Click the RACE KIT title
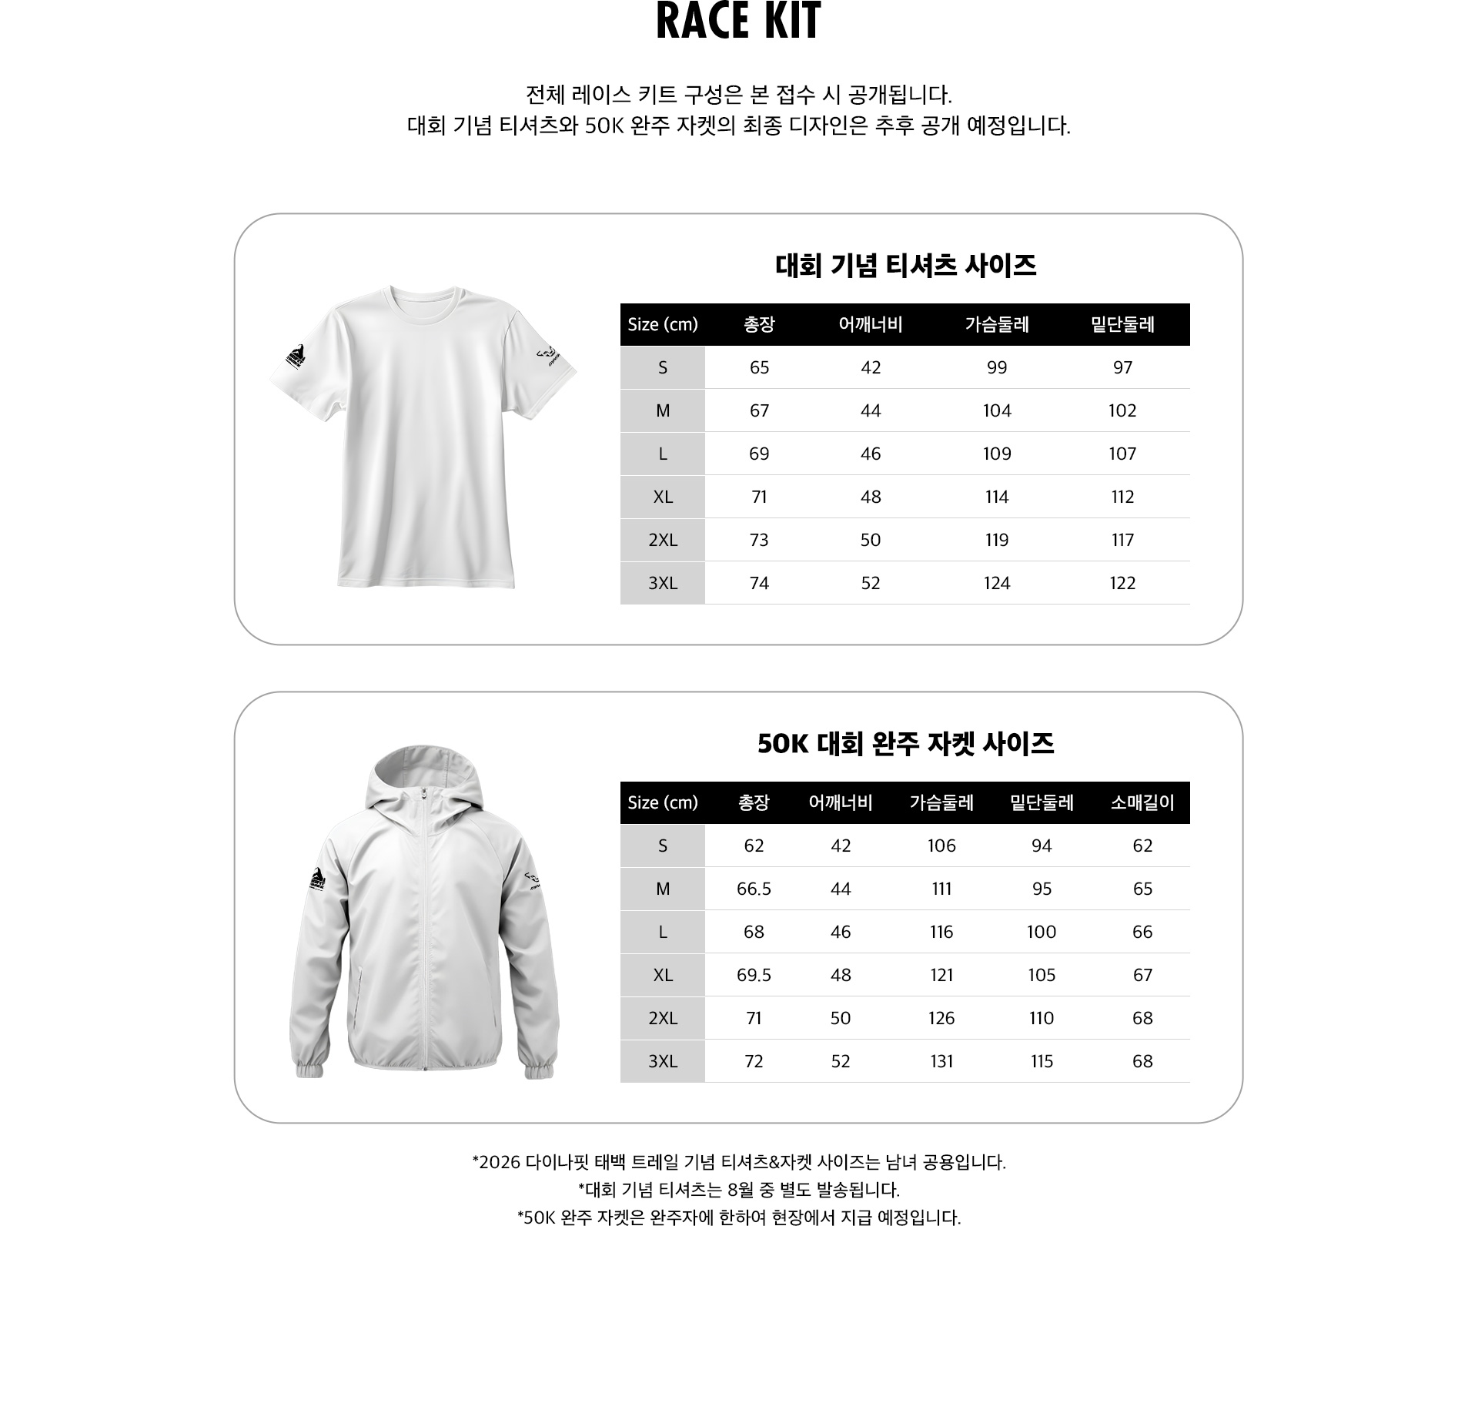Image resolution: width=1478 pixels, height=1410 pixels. [738, 22]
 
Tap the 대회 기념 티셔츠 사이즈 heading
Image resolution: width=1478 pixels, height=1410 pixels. [905, 266]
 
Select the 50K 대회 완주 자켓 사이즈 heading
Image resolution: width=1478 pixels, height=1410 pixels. [905, 744]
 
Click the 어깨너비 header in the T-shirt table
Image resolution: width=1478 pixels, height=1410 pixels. [870, 324]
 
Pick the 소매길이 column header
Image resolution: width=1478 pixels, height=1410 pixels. [1142, 802]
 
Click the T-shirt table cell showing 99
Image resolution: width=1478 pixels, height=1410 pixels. [997, 367]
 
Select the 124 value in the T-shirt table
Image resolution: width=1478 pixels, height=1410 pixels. [997, 583]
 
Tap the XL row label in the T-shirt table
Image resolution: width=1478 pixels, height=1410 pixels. [663, 497]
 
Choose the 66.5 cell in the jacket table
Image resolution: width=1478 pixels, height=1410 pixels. [754, 889]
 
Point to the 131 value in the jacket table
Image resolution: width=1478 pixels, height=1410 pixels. [941, 1061]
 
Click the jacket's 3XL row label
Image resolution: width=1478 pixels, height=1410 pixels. [663, 1061]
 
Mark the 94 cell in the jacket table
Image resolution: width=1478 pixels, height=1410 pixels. [1042, 846]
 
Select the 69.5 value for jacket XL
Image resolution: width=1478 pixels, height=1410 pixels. [754, 975]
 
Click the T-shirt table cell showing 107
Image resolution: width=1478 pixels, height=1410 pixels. [1122, 454]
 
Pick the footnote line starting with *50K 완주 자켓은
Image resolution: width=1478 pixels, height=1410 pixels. [739, 1217]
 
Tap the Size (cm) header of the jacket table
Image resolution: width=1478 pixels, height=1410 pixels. [663, 802]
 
